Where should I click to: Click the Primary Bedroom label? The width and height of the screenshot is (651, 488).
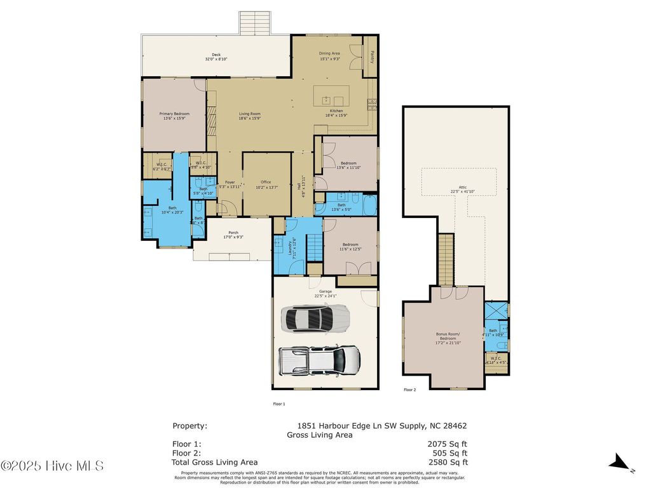click(x=174, y=114)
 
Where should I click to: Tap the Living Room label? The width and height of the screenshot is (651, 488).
click(x=249, y=114)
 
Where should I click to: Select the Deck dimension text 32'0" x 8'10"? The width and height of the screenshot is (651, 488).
click(x=216, y=59)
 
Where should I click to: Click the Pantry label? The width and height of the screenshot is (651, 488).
click(x=371, y=55)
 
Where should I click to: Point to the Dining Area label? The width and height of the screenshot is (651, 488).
click(x=329, y=54)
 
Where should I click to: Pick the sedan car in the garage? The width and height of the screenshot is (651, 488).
click(x=315, y=318)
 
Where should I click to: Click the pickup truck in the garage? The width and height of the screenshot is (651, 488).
click(x=320, y=362)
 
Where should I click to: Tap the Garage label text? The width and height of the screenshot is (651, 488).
click(x=325, y=292)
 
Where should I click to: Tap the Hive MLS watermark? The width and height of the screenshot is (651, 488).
click(x=52, y=466)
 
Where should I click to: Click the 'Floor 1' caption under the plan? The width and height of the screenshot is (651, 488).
click(x=279, y=403)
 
